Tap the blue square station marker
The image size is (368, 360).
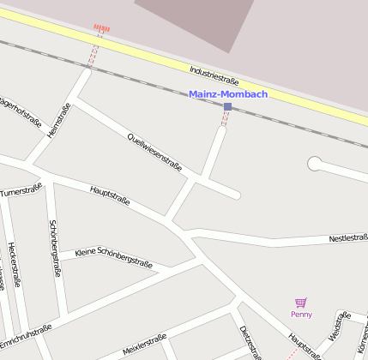coord(227,107)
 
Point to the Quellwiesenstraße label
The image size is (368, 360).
coord(154,151)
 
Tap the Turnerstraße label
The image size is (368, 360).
coord(21,189)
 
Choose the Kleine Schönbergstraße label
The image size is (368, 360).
coord(113,257)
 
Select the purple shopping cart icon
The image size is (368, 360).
coord(300,303)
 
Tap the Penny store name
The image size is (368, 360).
coord(301,315)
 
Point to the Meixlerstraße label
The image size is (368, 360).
coord(143,343)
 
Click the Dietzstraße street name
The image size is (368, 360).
coord(249,341)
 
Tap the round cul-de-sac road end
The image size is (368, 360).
coord(315,161)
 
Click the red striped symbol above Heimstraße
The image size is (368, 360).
coord(101,28)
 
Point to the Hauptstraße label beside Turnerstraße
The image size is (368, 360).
coord(109,194)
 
